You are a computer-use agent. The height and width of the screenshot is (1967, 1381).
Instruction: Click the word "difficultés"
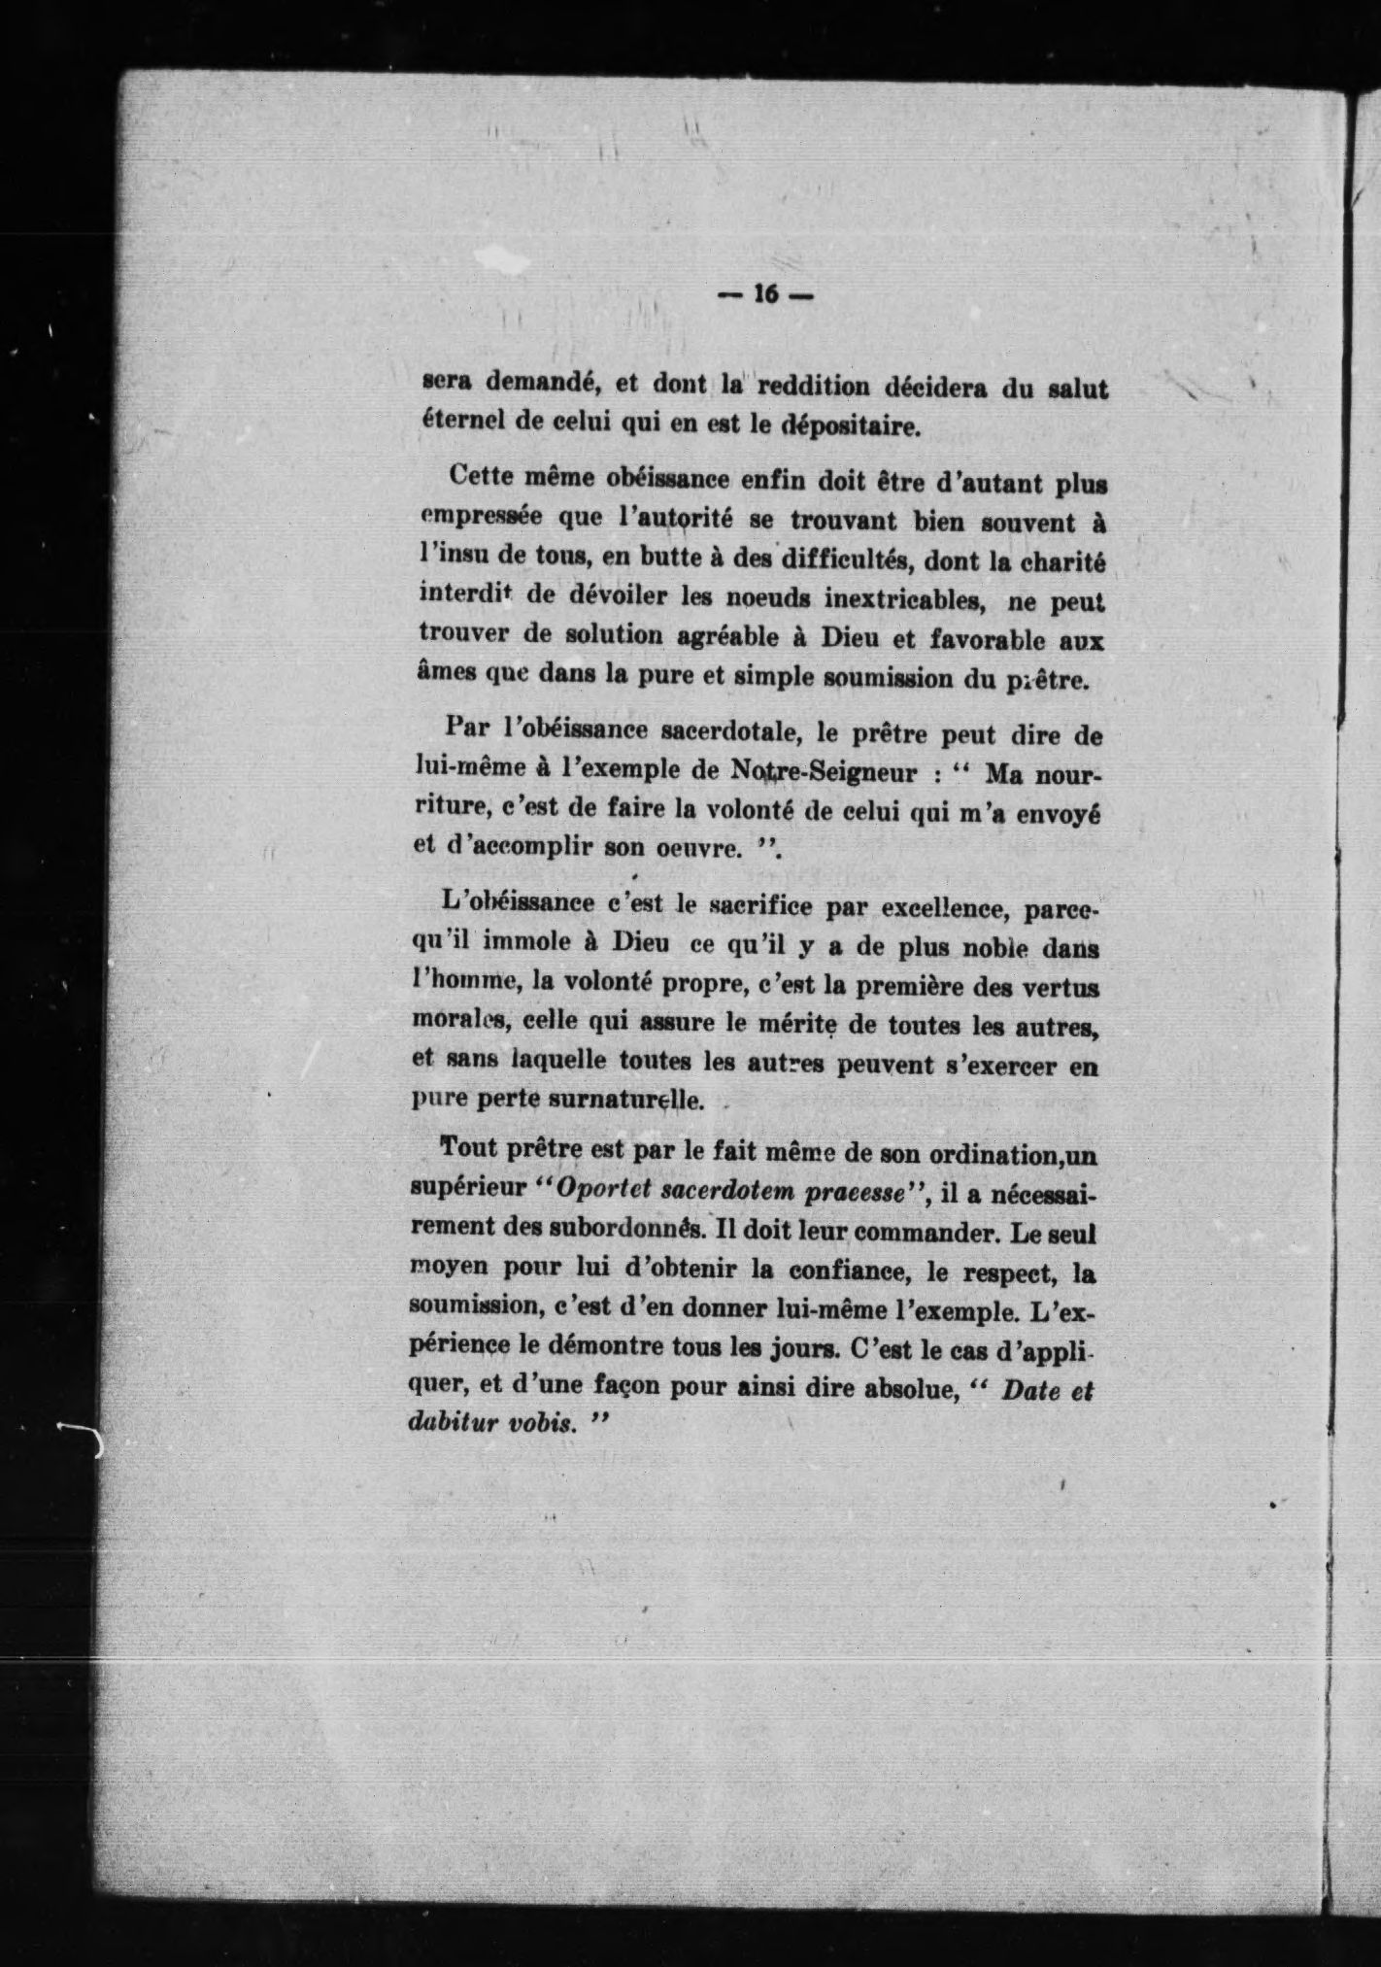click(x=837, y=560)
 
